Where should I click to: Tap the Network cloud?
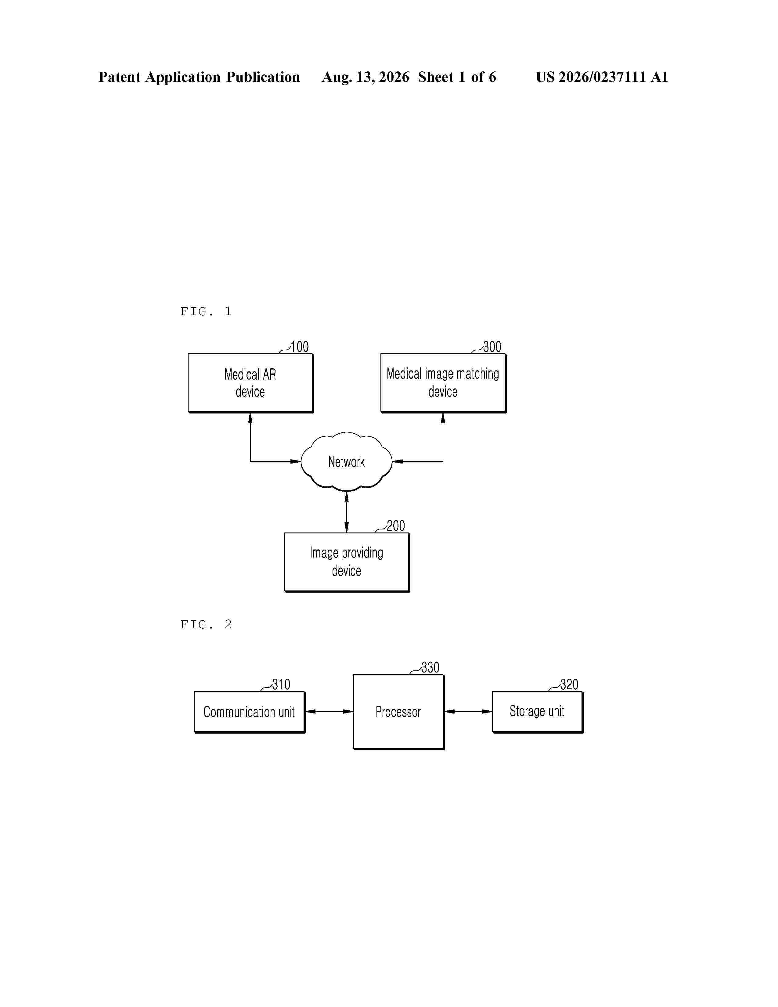(347, 461)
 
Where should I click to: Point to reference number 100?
(300, 347)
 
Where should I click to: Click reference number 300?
(492, 347)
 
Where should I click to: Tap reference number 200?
(395, 526)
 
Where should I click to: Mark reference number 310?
(281, 684)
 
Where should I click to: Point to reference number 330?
(430, 667)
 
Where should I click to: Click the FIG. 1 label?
(206, 312)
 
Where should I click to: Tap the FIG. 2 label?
(206, 625)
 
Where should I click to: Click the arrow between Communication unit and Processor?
(330, 711)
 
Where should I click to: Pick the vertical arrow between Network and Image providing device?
(347, 512)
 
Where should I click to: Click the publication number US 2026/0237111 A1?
(602, 77)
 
